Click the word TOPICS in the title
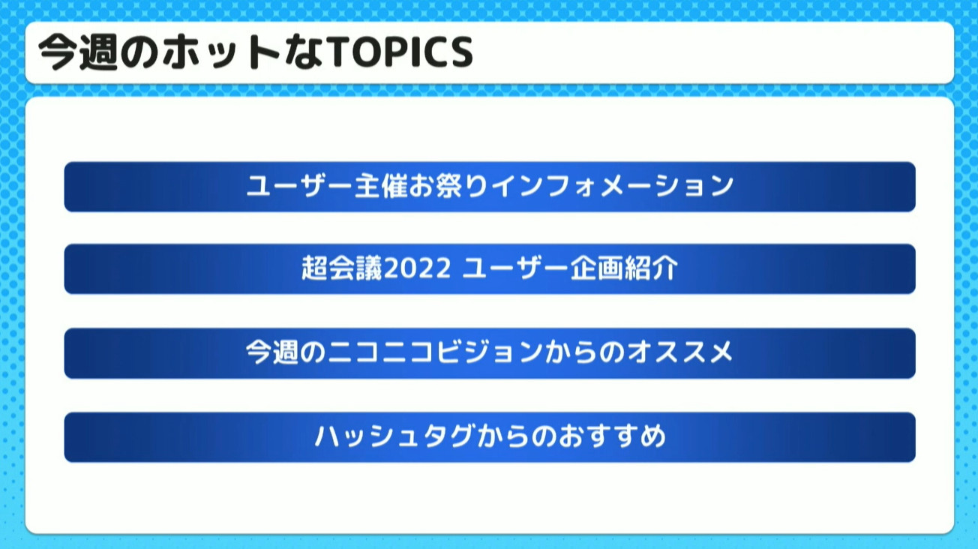tap(400, 52)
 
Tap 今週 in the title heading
tap(78, 52)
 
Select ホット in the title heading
tap(221, 52)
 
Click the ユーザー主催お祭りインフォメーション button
tap(490, 187)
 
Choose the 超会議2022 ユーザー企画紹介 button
tap(490, 269)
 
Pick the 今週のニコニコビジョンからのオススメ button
tap(490, 353)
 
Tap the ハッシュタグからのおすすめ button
tap(490, 437)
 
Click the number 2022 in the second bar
tap(418, 268)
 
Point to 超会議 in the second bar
tap(342, 268)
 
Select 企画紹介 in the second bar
tap(624, 268)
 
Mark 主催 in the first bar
tap(381, 185)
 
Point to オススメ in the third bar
tap(680, 352)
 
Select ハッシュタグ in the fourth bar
tap(394, 436)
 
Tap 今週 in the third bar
tap(272, 352)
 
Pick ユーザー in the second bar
tap(515, 268)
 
